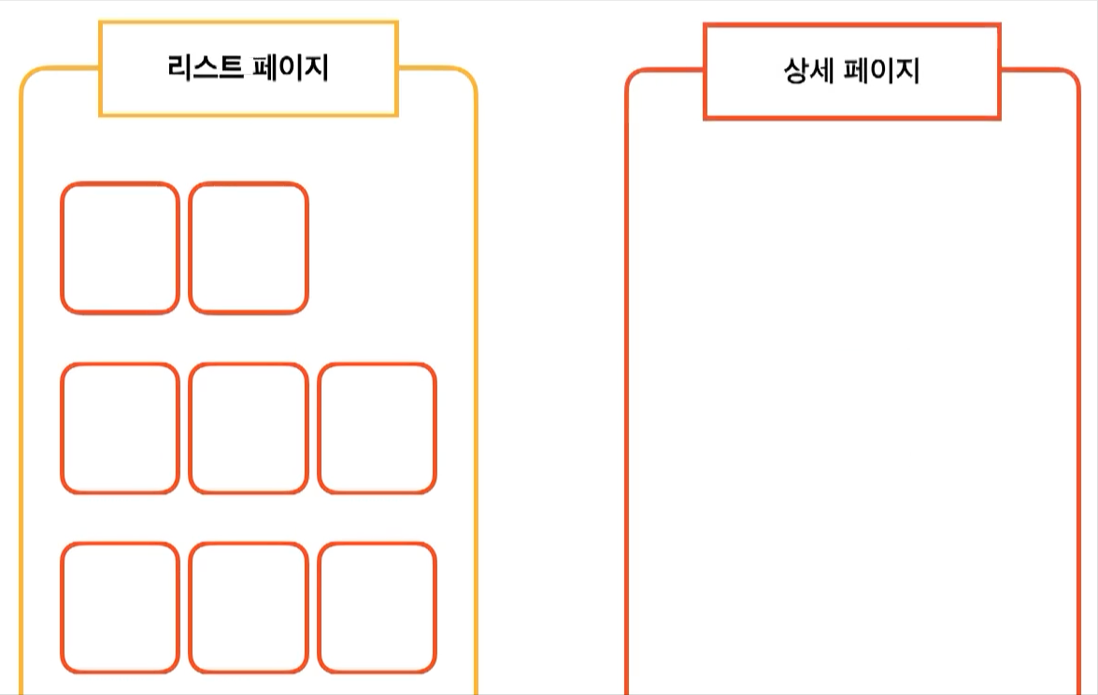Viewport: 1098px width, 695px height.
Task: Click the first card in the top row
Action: click(120, 248)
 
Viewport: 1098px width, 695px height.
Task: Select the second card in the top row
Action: click(249, 248)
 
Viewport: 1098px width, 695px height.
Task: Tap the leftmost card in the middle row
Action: click(120, 429)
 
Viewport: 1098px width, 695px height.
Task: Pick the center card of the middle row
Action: click(249, 429)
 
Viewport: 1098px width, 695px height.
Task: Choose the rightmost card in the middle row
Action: click(378, 429)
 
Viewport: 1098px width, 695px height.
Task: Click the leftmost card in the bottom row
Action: click(120, 608)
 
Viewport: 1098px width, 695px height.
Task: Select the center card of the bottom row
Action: click(249, 608)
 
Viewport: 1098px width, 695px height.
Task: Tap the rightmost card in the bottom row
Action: click(378, 608)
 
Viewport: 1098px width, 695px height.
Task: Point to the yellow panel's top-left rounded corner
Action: click(28, 77)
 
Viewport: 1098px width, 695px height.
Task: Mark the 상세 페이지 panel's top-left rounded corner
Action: click(634, 78)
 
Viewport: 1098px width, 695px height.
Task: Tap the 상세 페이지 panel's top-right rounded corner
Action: click(1072, 78)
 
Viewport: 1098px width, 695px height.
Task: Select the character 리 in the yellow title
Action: click(180, 69)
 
